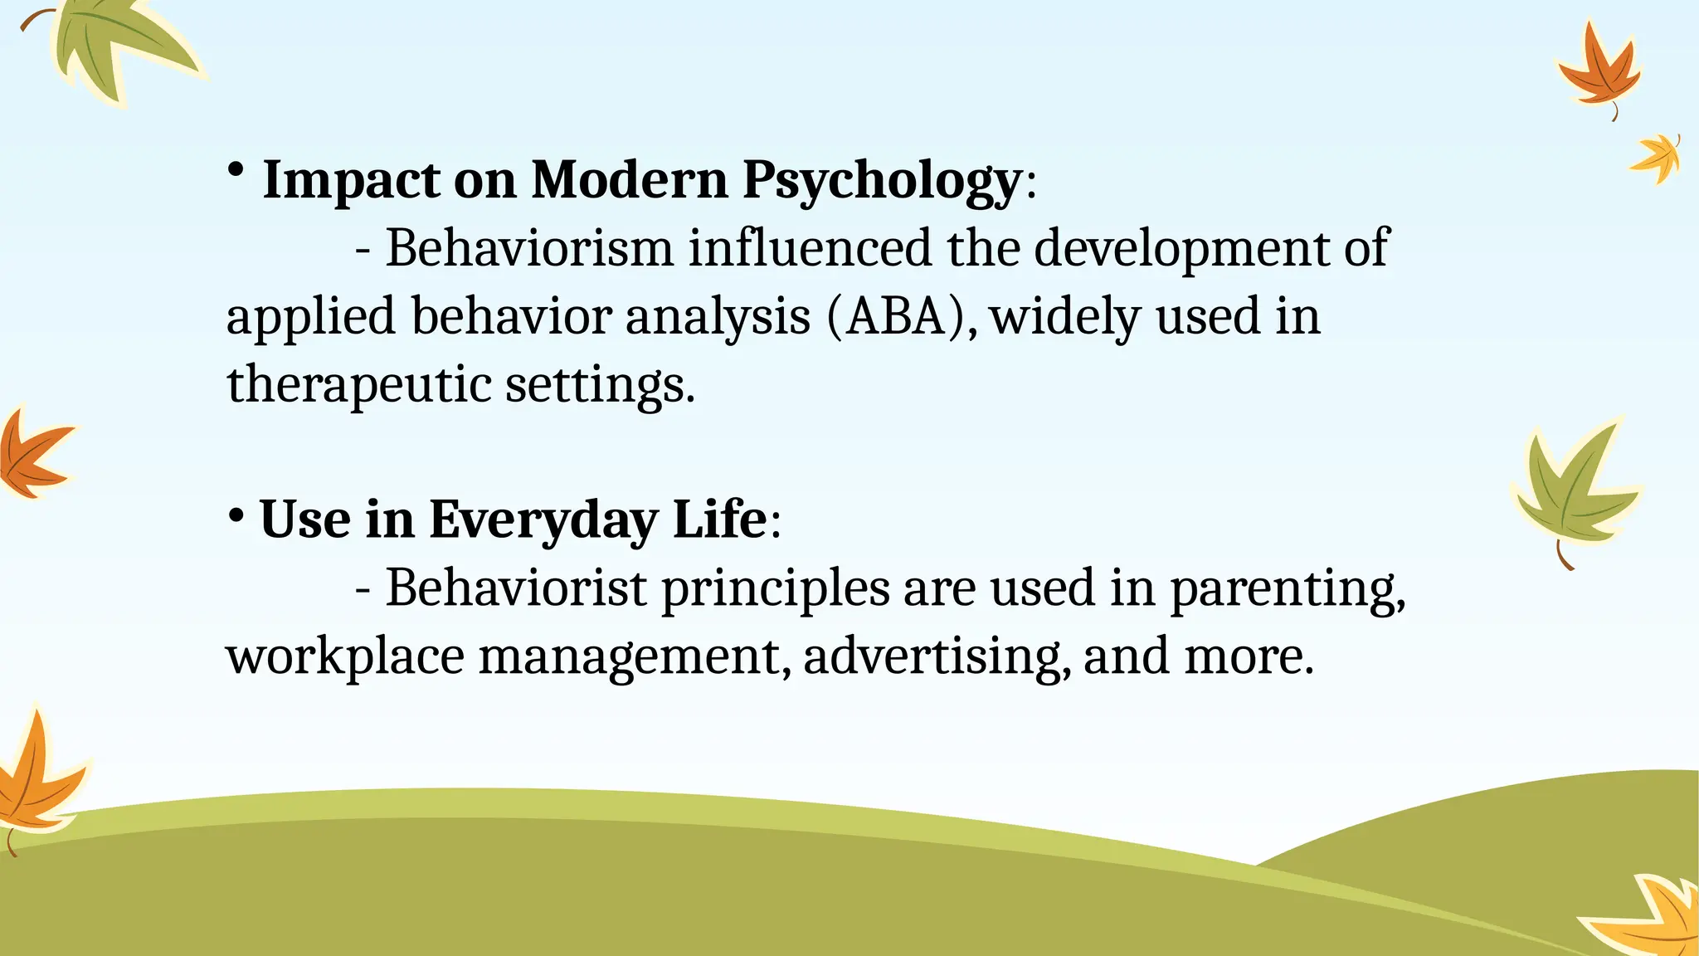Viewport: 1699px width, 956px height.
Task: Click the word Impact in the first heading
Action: pyautogui.click(x=350, y=180)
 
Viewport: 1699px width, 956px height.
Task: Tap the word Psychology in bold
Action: pyautogui.click(x=881, y=180)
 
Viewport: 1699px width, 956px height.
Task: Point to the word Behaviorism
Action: pyautogui.click(x=529, y=248)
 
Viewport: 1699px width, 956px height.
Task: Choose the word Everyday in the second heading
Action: pyautogui.click(x=543, y=520)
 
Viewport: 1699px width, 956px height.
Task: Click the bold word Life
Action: pyautogui.click(x=719, y=520)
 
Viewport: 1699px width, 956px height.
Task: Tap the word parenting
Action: pyautogui.click(x=1287, y=589)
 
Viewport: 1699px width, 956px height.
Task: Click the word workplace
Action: pyautogui.click(x=344, y=656)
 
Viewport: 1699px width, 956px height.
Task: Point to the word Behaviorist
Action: pyautogui.click(x=515, y=588)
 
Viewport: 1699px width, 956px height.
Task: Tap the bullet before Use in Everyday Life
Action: pyautogui.click(x=236, y=515)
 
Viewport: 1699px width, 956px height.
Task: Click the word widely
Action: pyautogui.click(x=1064, y=317)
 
